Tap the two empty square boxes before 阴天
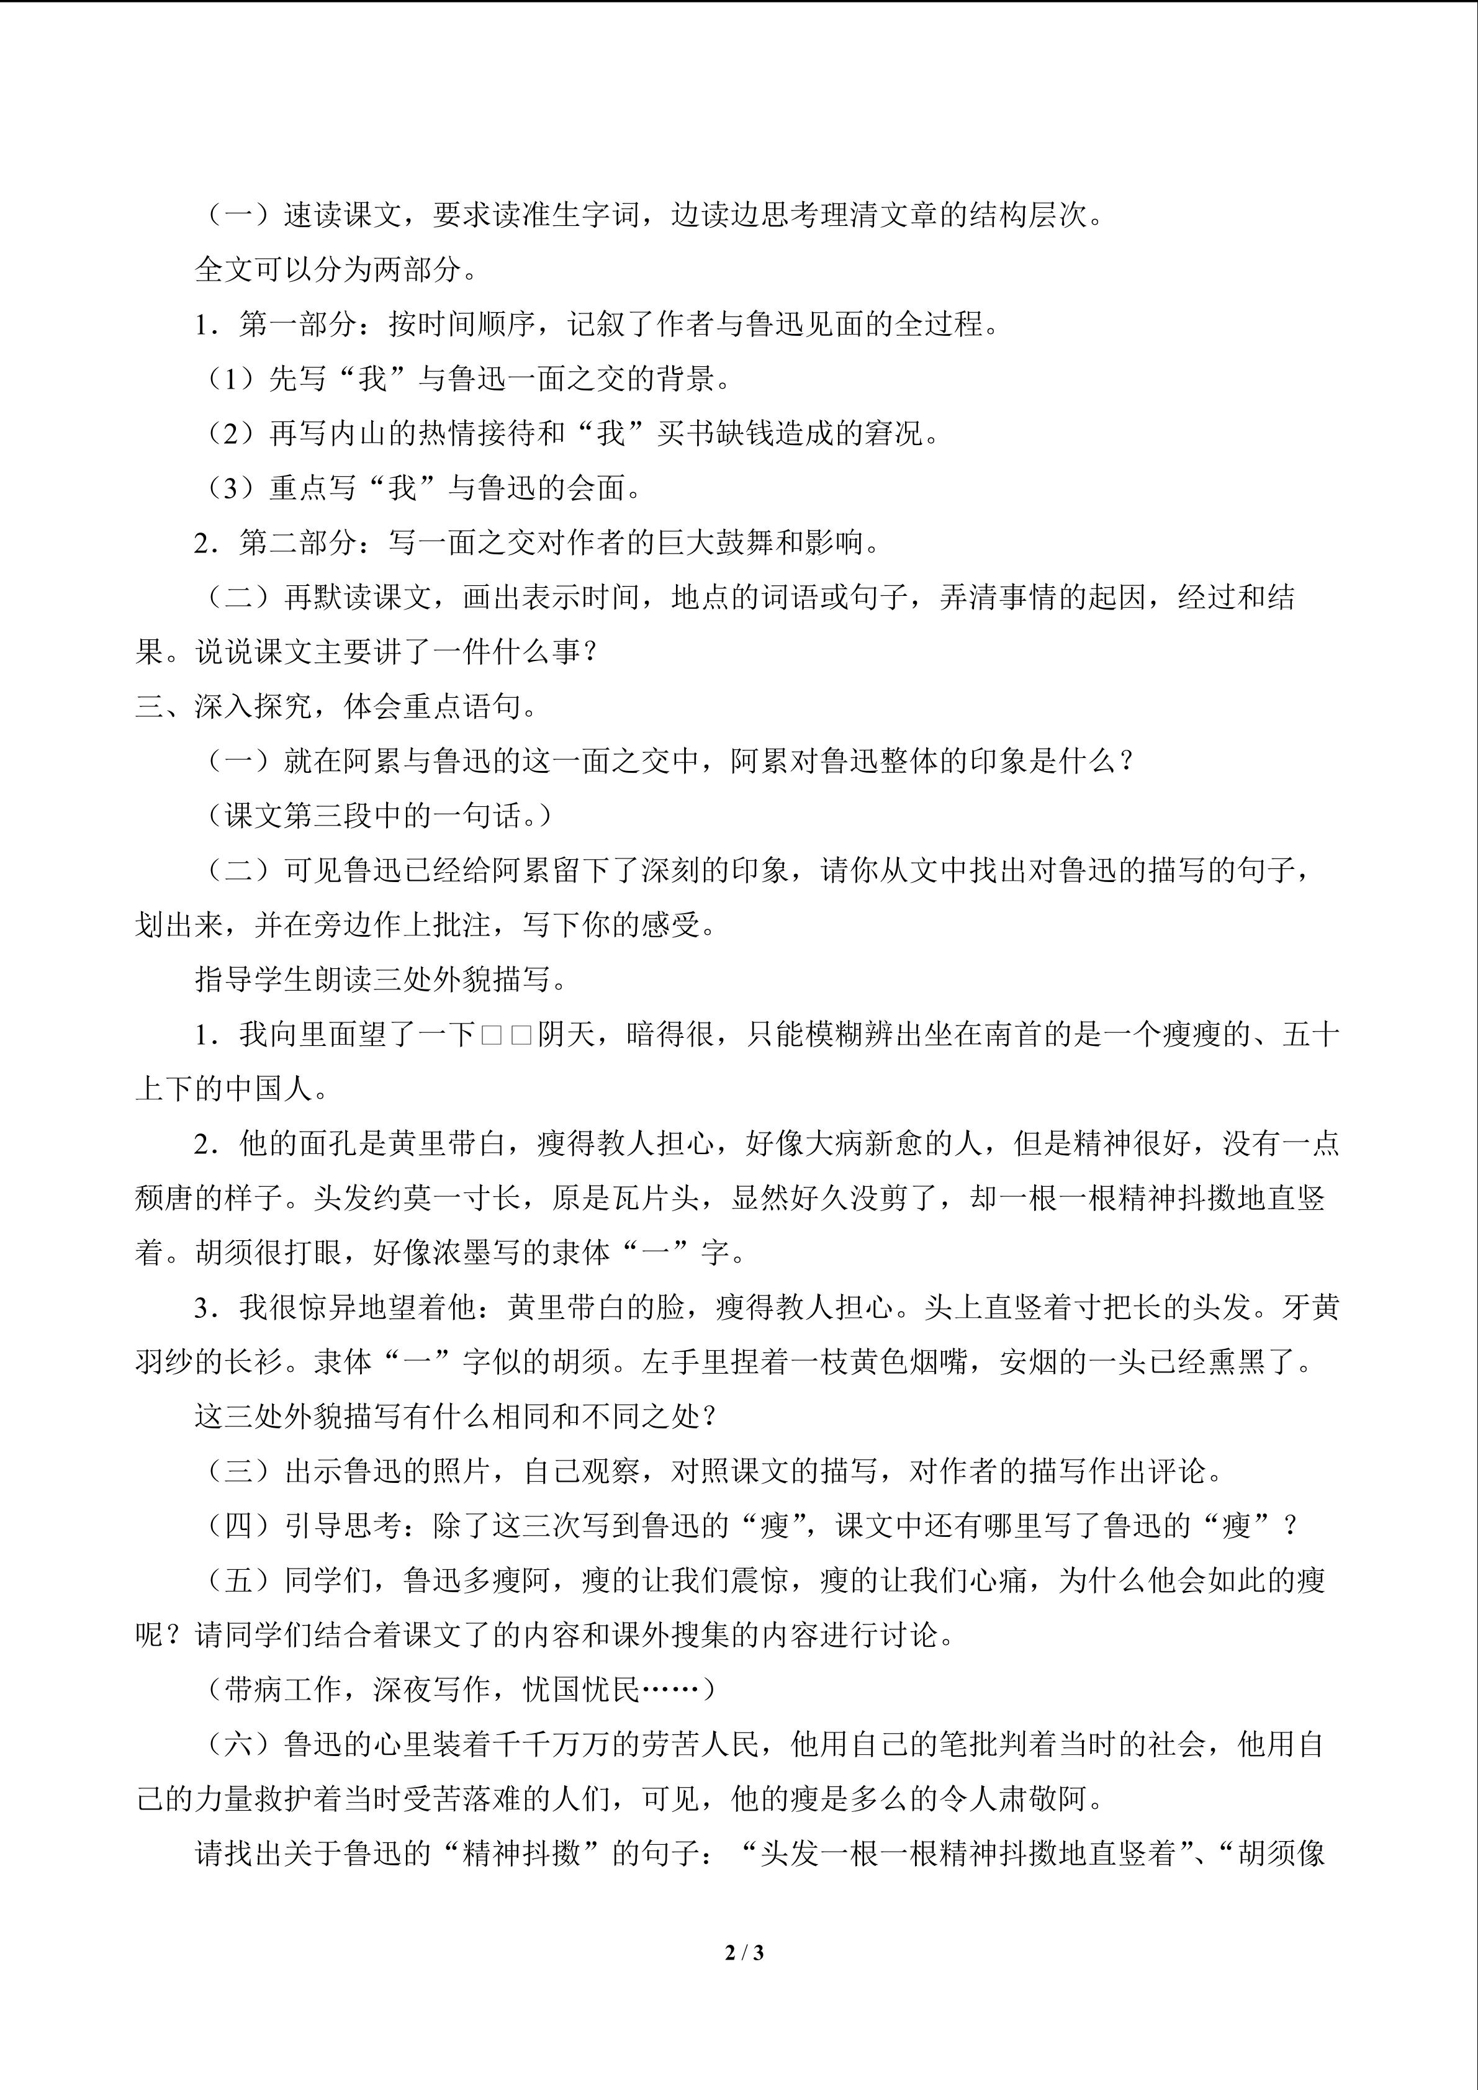506,1035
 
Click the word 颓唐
164,1199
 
